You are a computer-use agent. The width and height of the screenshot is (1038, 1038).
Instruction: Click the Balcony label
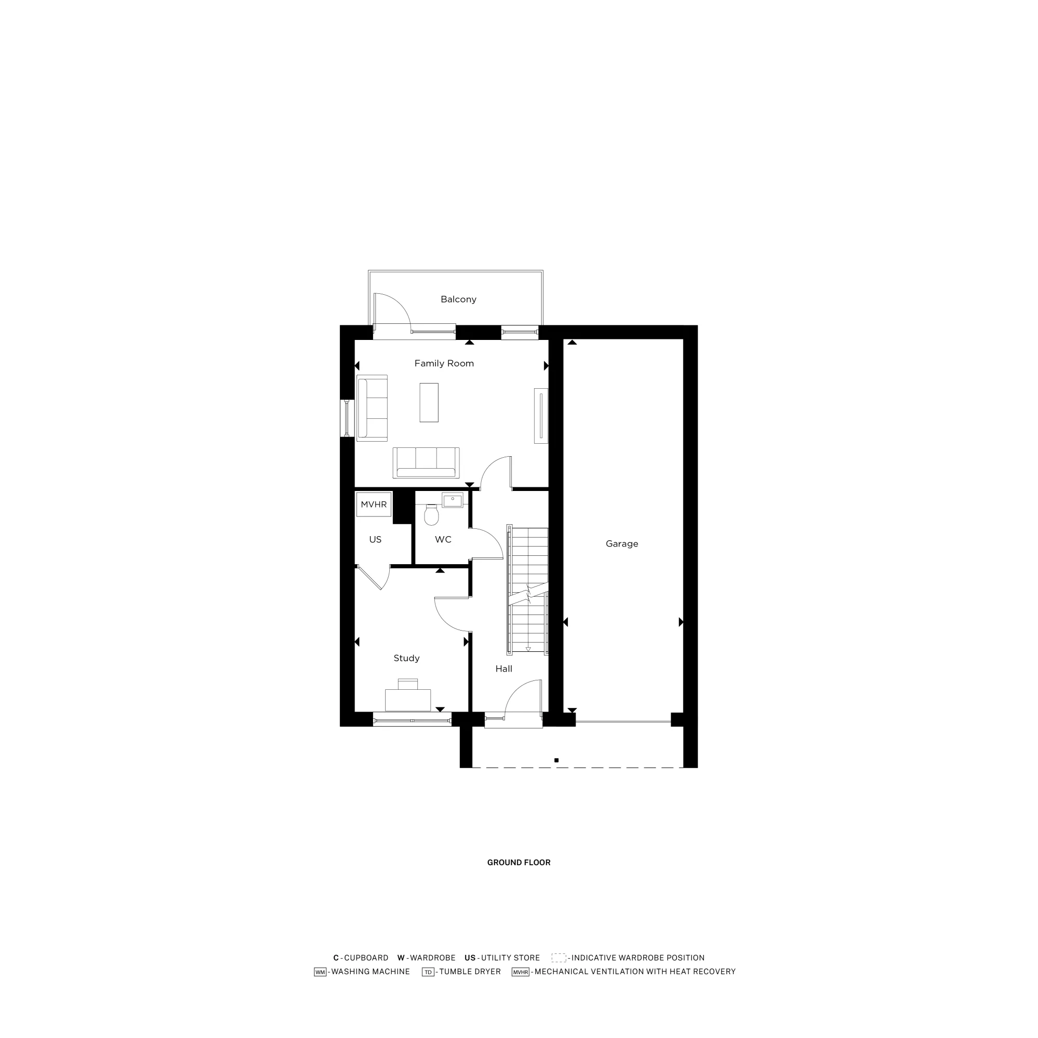(x=458, y=299)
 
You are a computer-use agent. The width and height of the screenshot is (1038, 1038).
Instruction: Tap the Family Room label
(x=444, y=364)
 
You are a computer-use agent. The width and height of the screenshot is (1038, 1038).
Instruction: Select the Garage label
(x=622, y=544)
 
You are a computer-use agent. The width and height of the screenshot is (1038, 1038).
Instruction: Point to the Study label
(x=406, y=658)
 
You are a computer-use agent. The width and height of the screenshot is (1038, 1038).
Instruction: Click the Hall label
(x=503, y=669)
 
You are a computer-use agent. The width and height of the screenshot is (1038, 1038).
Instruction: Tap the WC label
(x=443, y=539)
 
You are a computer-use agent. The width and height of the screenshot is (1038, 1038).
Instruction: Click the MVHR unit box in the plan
(x=373, y=504)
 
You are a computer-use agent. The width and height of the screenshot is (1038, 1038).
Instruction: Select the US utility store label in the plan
(x=375, y=539)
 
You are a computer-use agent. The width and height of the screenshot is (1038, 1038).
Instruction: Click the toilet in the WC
(x=431, y=515)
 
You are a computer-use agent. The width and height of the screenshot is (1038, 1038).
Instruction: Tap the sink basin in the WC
(x=453, y=500)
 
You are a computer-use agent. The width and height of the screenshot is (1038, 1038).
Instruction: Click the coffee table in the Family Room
(x=429, y=402)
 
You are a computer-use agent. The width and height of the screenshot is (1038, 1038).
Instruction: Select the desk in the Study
(x=408, y=700)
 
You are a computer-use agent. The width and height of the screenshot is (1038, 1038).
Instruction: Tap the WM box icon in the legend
(x=320, y=972)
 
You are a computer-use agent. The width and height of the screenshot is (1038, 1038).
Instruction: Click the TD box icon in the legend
(x=428, y=972)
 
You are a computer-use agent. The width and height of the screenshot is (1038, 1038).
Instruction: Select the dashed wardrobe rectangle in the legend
(x=559, y=958)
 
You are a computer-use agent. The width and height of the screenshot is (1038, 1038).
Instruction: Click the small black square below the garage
(x=556, y=760)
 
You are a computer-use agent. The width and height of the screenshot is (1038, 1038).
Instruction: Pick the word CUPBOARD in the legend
(x=366, y=958)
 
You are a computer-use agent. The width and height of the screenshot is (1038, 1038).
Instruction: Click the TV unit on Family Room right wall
(x=541, y=415)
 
